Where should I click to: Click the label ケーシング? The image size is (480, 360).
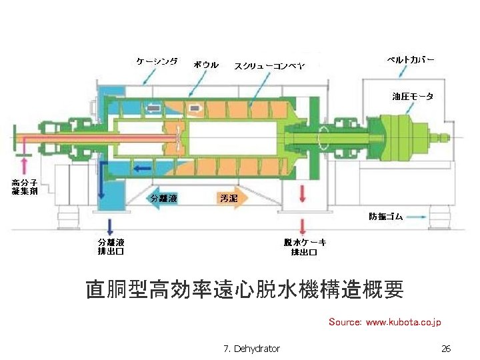[157, 61]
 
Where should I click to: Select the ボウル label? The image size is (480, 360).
[206, 65]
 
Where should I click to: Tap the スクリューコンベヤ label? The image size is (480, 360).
[269, 65]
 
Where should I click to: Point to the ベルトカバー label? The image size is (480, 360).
[411, 59]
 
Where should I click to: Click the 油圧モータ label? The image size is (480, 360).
[412, 97]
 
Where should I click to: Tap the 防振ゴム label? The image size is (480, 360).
[386, 217]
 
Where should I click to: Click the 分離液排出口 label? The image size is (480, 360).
[111, 247]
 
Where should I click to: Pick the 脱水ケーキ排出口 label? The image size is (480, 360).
[304, 247]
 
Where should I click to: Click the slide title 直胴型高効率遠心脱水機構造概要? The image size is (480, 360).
[245, 290]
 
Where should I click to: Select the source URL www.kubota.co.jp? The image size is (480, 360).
[403, 323]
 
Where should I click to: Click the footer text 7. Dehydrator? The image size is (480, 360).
[252, 349]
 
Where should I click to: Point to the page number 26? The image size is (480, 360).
[446, 349]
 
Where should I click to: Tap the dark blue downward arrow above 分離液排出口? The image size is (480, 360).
[111, 225]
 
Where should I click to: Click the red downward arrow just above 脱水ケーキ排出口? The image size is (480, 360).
[303, 225]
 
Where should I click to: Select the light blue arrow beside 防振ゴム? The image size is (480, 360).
[417, 217]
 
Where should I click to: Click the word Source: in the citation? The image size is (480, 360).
[345, 323]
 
